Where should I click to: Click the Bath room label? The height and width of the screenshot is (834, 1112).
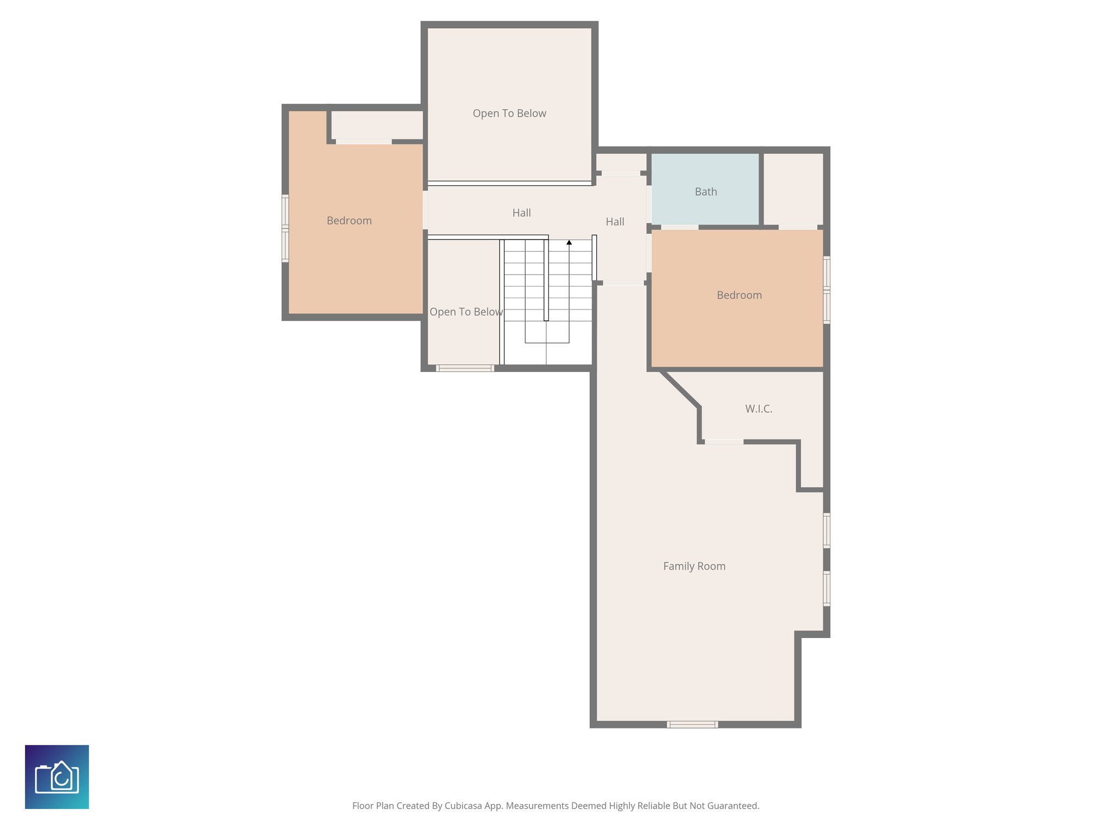(x=705, y=192)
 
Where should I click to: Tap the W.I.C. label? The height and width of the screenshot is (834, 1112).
(x=758, y=409)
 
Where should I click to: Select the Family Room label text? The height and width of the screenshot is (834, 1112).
(x=694, y=566)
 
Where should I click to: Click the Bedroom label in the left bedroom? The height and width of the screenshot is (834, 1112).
(x=349, y=220)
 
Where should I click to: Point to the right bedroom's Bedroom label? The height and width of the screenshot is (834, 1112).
(x=739, y=295)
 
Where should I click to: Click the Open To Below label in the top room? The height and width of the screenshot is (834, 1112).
(x=509, y=113)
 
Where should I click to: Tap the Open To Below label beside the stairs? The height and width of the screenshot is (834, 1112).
(x=465, y=312)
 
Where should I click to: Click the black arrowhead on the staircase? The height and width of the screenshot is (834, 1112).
(x=569, y=243)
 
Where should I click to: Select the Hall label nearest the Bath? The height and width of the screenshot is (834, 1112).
(x=615, y=222)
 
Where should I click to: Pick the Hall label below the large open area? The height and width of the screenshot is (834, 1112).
(x=521, y=213)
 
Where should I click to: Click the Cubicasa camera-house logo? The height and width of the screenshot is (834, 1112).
(x=57, y=777)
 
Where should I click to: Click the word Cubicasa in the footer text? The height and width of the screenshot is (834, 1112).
(x=464, y=806)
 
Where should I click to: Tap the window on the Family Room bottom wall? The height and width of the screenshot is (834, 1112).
(x=692, y=724)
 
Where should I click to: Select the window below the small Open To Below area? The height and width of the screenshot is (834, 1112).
(x=465, y=368)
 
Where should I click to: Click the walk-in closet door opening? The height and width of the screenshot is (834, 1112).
(x=724, y=442)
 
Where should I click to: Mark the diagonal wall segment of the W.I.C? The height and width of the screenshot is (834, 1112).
(x=680, y=389)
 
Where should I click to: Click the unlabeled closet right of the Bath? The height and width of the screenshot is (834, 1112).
(x=793, y=188)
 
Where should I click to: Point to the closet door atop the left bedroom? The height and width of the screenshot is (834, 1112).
(x=363, y=142)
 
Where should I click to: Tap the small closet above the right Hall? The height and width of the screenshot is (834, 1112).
(x=621, y=162)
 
